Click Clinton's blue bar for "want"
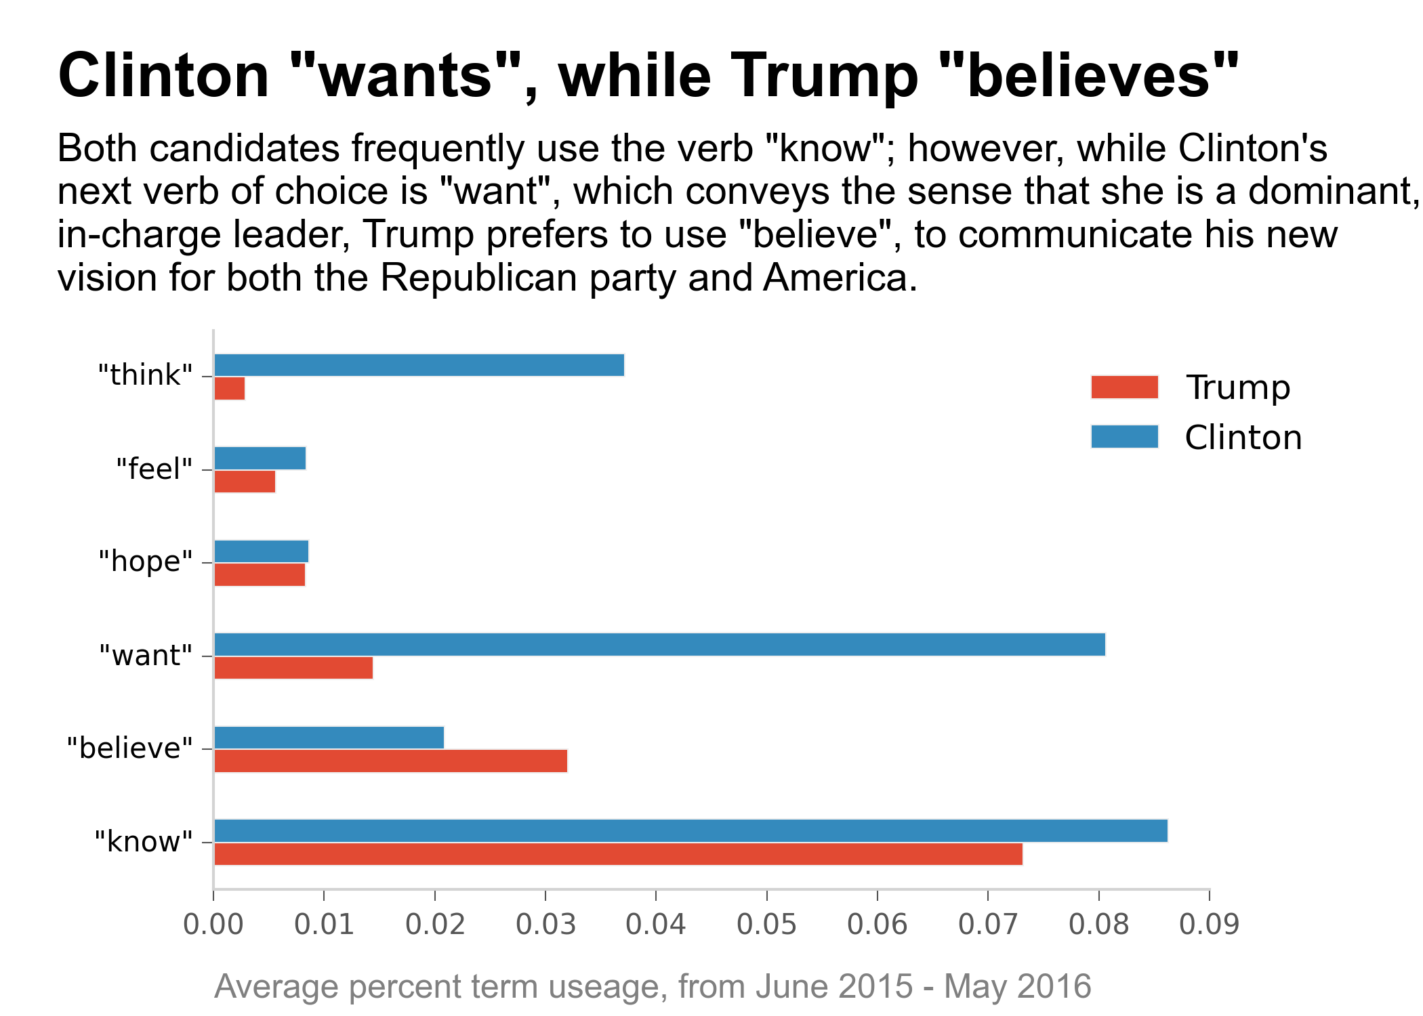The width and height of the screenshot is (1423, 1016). click(659, 645)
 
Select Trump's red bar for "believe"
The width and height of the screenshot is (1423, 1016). click(390, 761)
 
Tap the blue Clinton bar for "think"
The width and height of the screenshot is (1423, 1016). click(419, 365)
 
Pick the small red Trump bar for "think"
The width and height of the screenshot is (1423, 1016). click(229, 389)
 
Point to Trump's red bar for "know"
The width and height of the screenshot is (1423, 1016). click(618, 854)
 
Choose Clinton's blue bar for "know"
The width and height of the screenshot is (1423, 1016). click(690, 831)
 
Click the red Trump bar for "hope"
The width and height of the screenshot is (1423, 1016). click(260, 575)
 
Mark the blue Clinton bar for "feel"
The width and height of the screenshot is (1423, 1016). click(260, 459)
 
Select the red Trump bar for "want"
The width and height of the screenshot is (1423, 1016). click(293, 668)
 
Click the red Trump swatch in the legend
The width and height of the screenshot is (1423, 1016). click(1124, 387)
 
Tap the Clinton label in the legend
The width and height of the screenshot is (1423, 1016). click(1243, 438)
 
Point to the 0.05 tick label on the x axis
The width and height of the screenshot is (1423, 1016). click(766, 925)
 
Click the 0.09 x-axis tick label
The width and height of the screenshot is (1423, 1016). click(1209, 925)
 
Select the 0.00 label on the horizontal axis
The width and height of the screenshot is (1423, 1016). click(213, 925)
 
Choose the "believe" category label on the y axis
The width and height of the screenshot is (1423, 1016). click(129, 748)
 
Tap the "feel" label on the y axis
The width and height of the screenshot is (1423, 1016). click(154, 469)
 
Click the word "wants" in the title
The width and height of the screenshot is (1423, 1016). click(405, 76)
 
